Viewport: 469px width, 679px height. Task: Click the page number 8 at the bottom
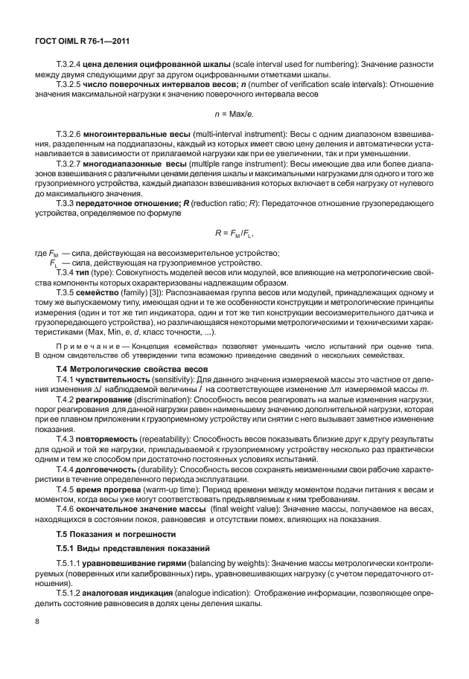point(37,621)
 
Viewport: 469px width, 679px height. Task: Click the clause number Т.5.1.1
point(69,564)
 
